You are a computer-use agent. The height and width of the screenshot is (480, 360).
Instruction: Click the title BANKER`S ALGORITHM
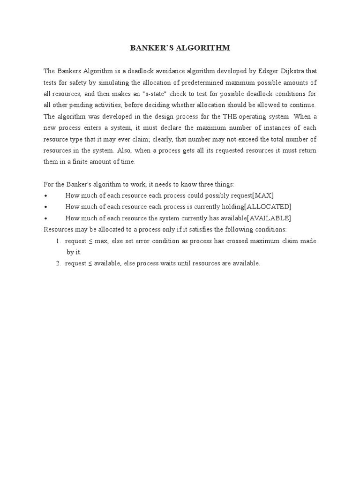(180, 48)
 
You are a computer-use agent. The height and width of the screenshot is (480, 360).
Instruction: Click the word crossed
(239, 241)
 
